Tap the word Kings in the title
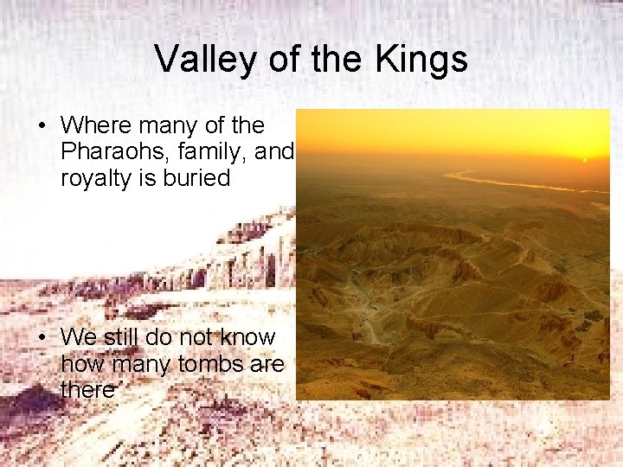pyautogui.click(x=422, y=60)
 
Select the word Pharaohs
pyautogui.click(x=110, y=152)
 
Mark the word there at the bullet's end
pyautogui.click(x=87, y=390)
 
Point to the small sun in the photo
pyautogui.click(x=584, y=160)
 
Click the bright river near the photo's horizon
pyautogui.click(x=511, y=182)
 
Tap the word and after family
pyautogui.click(x=276, y=152)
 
